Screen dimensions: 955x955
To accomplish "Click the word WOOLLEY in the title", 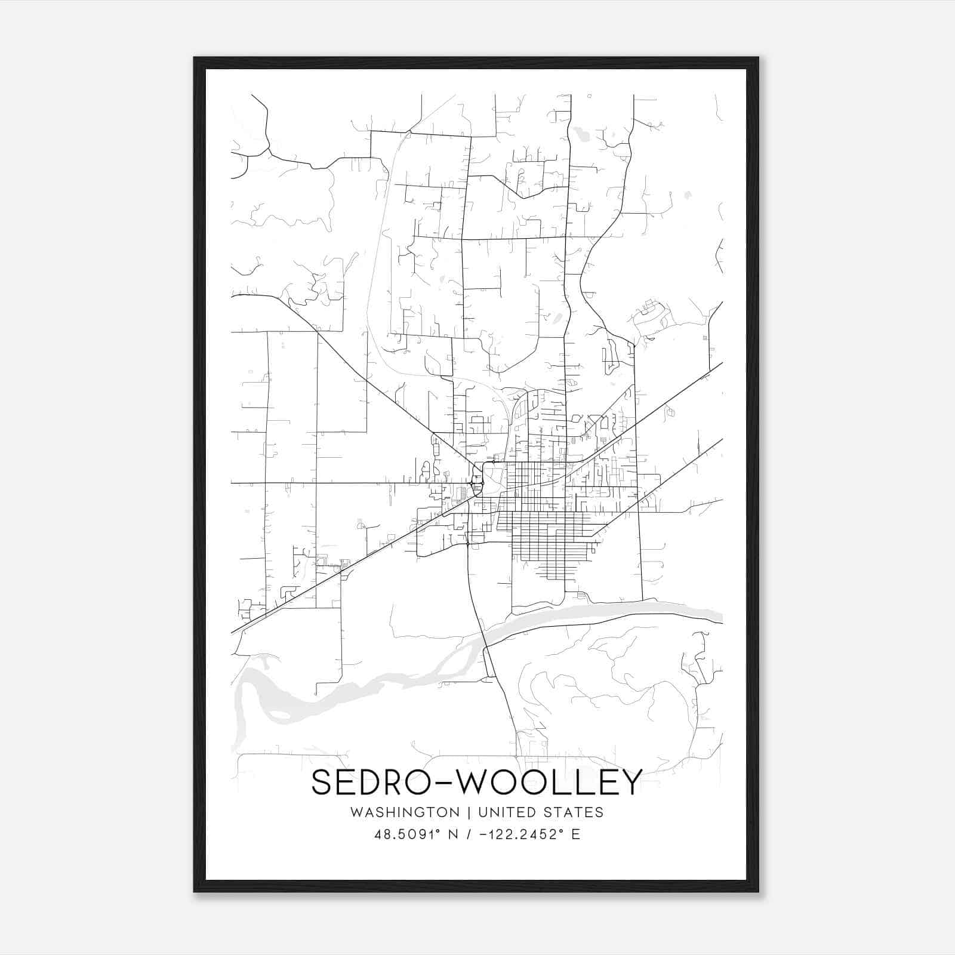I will (x=549, y=782).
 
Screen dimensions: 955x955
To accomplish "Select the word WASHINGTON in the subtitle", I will (x=405, y=812).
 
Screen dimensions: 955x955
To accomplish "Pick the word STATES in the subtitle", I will (x=576, y=812).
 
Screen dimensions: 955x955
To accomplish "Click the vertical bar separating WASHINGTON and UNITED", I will (x=469, y=812).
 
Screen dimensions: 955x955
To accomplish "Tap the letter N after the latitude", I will (x=454, y=834).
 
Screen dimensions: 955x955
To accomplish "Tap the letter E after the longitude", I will (x=575, y=834).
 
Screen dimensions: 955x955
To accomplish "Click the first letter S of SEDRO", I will (x=322, y=782).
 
